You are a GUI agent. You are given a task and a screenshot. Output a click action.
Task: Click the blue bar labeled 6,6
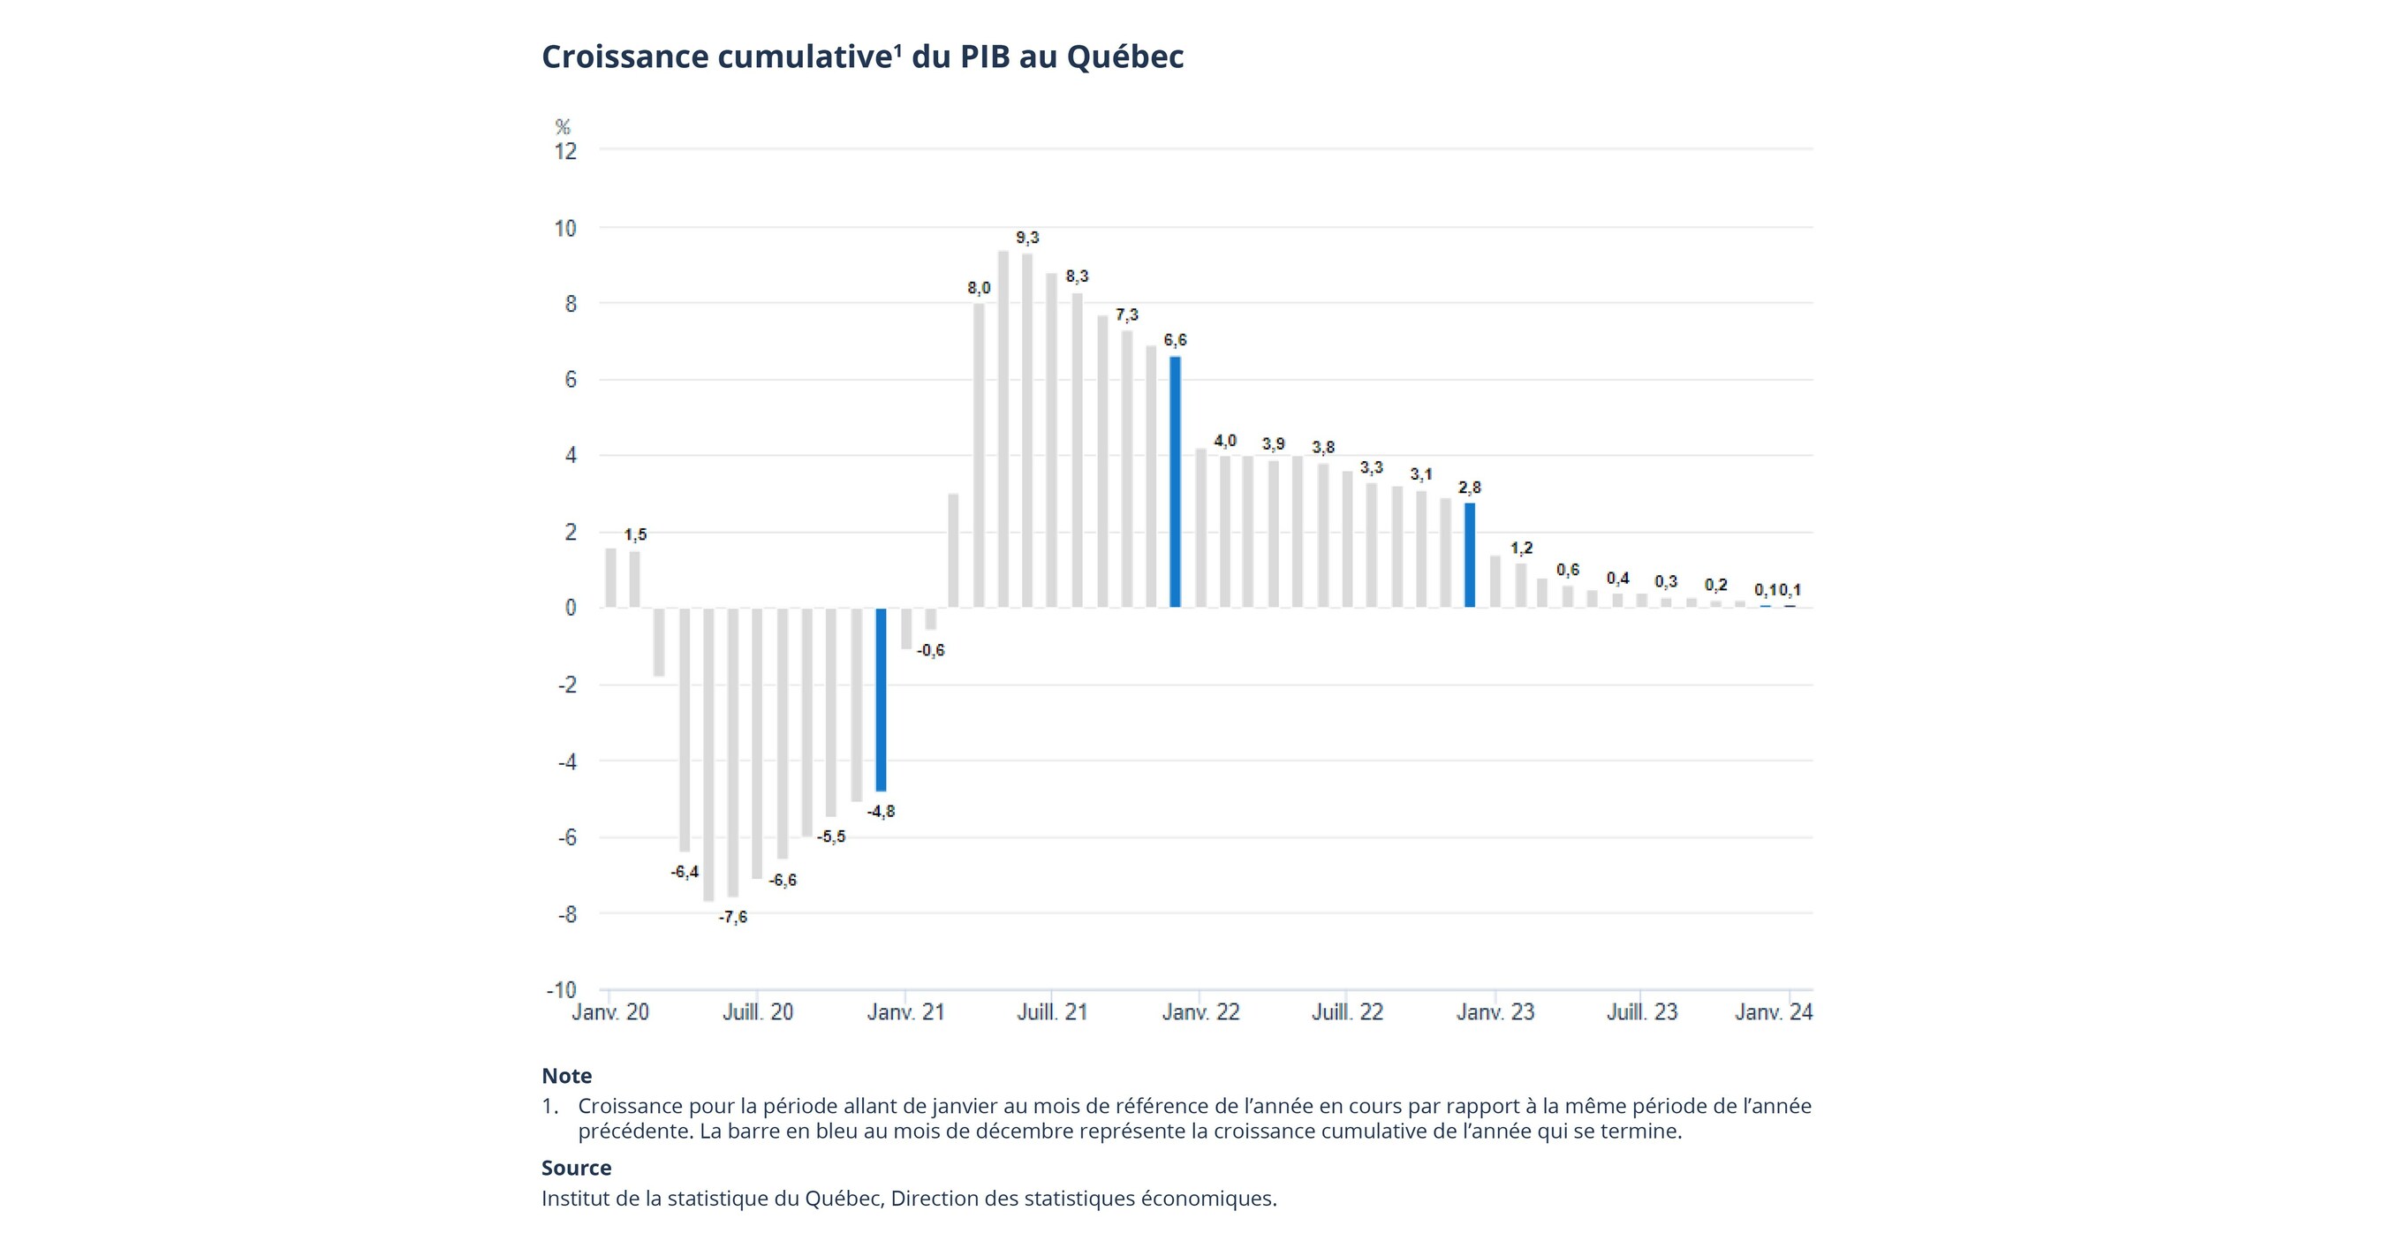pyautogui.click(x=1175, y=481)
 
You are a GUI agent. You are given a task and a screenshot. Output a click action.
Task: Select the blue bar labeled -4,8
pyautogui.click(x=880, y=700)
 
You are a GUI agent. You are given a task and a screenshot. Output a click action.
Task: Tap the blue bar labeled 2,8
pyautogui.click(x=1469, y=555)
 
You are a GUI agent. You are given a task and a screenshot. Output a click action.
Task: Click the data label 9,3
pyautogui.click(x=1027, y=238)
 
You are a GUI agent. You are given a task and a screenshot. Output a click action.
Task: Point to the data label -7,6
pyautogui.click(x=733, y=917)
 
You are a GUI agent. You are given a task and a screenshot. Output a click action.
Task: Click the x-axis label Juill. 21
pyautogui.click(x=1052, y=1012)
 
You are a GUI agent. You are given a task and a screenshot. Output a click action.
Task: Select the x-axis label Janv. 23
pyautogui.click(x=1495, y=1012)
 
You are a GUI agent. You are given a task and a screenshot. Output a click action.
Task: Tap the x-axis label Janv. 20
pyautogui.click(x=609, y=1012)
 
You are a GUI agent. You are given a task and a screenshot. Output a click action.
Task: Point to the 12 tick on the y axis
pyautogui.click(x=564, y=151)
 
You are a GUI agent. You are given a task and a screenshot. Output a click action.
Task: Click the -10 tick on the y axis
pyautogui.click(x=561, y=990)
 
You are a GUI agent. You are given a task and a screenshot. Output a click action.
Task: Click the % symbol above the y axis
pyautogui.click(x=563, y=126)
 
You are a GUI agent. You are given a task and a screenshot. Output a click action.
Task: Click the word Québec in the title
pyautogui.click(x=1124, y=57)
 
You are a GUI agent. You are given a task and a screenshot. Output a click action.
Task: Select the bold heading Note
pyautogui.click(x=566, y=1076)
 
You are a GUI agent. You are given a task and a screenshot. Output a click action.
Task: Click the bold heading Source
pyautogui.click(x=576, y=1168)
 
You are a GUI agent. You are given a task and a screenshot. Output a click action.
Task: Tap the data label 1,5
pyautogui.click(x=635, y=534)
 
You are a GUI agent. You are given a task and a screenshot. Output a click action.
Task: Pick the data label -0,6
pyautogui.click(x=930, y=650)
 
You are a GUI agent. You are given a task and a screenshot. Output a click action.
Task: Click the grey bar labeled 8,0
pyautogui.click(x=978, y=455)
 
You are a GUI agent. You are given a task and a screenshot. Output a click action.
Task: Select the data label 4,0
pyautogui.click(x=1224, y=442)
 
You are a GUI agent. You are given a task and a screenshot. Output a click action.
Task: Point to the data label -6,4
pyautogui.click(x=685, y=872)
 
